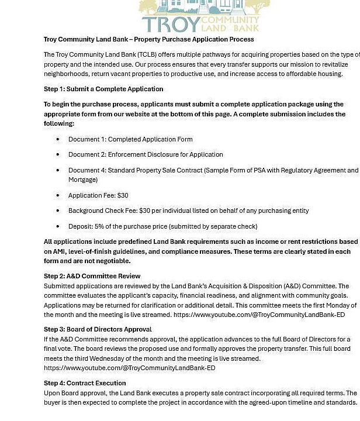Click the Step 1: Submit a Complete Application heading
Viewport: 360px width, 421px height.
tap(103, 89)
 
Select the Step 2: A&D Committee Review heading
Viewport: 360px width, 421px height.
tap(92, 276)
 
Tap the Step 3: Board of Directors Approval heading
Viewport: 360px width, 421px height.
tap(98, 329)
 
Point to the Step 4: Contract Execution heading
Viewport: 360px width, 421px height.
tap(85, 383)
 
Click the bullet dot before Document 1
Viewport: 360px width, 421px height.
tap(58, 139)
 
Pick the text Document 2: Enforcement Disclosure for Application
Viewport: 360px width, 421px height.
tap(146, 154)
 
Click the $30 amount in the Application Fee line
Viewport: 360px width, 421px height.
tap(123, 195)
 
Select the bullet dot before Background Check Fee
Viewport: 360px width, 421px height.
tap(58, 210)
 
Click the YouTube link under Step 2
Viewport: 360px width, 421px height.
tap(259, 315)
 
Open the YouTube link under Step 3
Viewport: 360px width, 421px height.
tap(129, 368)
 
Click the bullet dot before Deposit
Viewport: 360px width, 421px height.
tap(58, 226)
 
